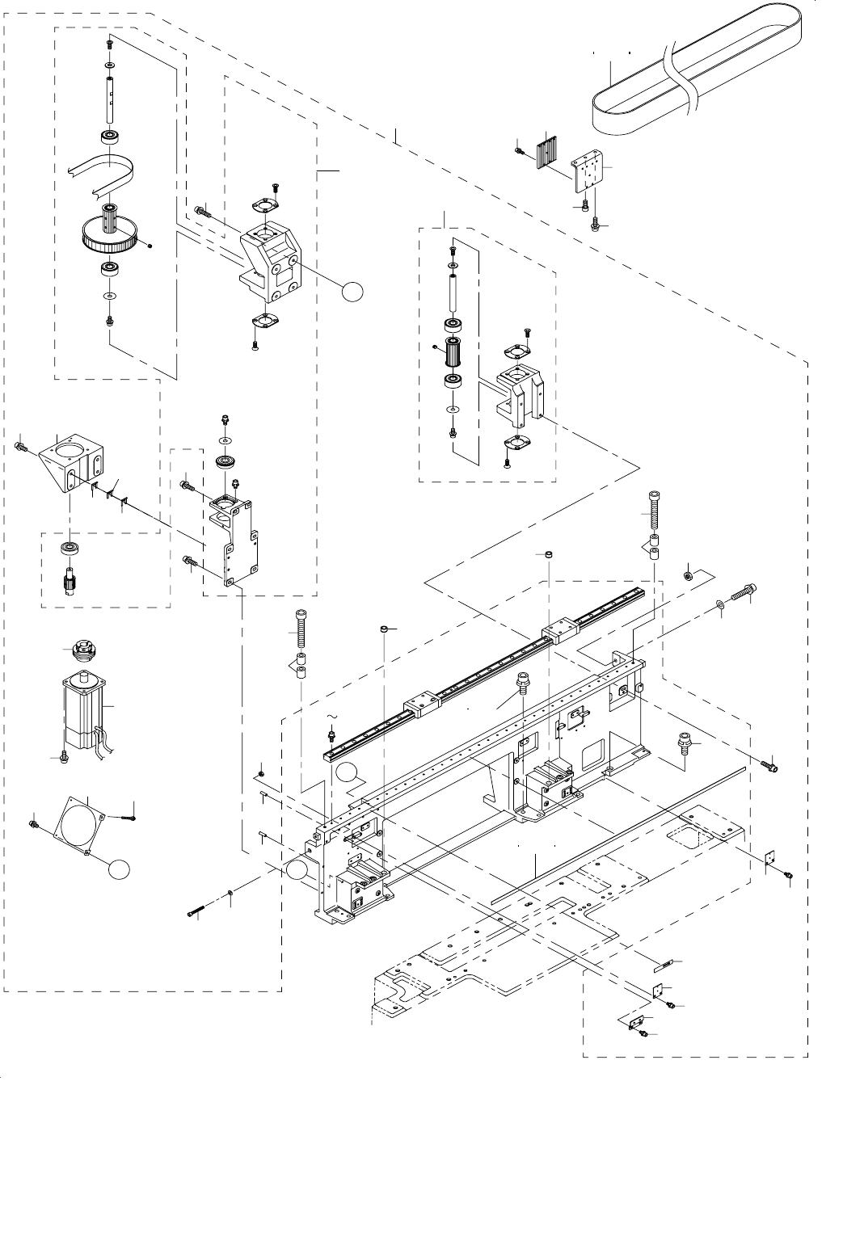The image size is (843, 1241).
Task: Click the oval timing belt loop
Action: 695,77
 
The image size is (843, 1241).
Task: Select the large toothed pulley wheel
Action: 113,234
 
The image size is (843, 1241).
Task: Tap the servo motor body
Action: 84,711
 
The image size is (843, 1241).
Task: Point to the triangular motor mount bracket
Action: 68,461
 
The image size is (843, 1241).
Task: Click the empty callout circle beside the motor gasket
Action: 119,869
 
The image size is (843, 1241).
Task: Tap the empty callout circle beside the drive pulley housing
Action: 352,292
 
